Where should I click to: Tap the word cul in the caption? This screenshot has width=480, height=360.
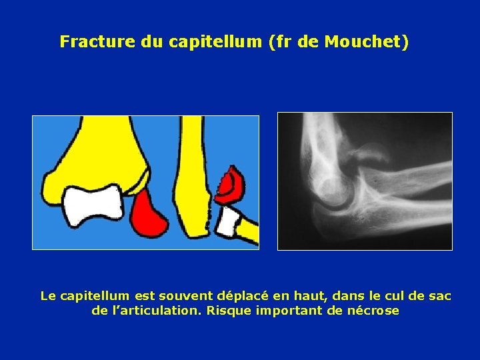385,295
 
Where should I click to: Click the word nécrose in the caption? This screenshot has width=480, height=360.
373,311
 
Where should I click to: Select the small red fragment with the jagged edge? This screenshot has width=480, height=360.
231,185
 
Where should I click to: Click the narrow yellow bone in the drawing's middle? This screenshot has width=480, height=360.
193,180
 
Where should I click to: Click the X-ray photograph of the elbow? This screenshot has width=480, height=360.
364,181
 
